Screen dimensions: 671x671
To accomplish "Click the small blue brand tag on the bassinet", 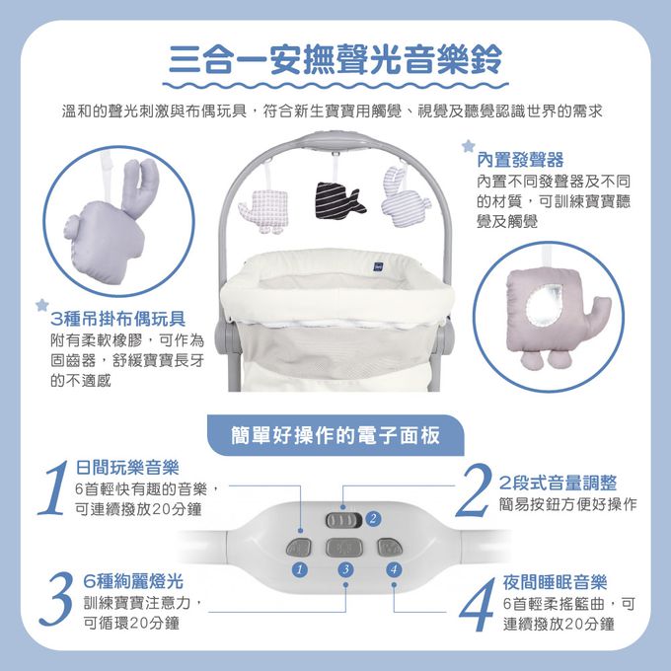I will click(378, 263).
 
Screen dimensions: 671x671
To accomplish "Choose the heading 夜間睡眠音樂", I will click(555, 581).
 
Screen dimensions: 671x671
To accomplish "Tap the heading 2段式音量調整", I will click(558, 483).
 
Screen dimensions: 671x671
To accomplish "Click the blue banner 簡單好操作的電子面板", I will click(335, 435).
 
